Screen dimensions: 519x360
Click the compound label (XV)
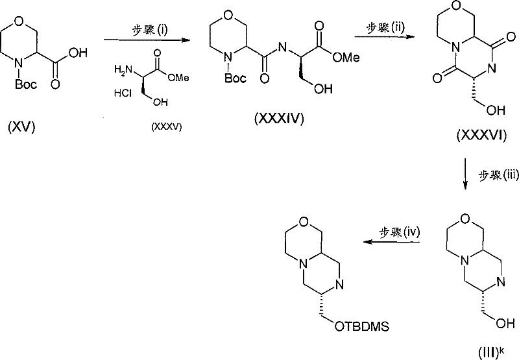click(21, 127)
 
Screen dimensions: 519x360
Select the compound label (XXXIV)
click(279, 118)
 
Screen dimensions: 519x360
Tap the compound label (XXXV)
click(167, 126)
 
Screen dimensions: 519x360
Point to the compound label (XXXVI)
click(481, 136)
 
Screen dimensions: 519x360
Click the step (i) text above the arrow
click(150, 30)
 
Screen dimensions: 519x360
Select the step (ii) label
click(385, 27)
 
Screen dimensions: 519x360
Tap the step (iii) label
click(498, 175)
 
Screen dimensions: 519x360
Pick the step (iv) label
click(399, 232)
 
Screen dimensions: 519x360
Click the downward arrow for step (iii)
click(465, 174)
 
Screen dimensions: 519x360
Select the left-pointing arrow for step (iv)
click(392, 242)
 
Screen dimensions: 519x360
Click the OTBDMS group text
click(362, 326)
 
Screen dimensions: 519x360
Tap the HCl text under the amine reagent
click(123, 93)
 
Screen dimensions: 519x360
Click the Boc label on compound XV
click(26, 84)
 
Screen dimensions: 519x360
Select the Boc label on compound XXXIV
click(235, 78)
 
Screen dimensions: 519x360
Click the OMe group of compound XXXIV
click(346, 58)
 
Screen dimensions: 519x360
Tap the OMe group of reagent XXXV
click(178, 77)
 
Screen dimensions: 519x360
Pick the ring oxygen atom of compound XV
click(19, 21)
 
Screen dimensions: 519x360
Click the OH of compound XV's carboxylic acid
click(78, 53)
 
